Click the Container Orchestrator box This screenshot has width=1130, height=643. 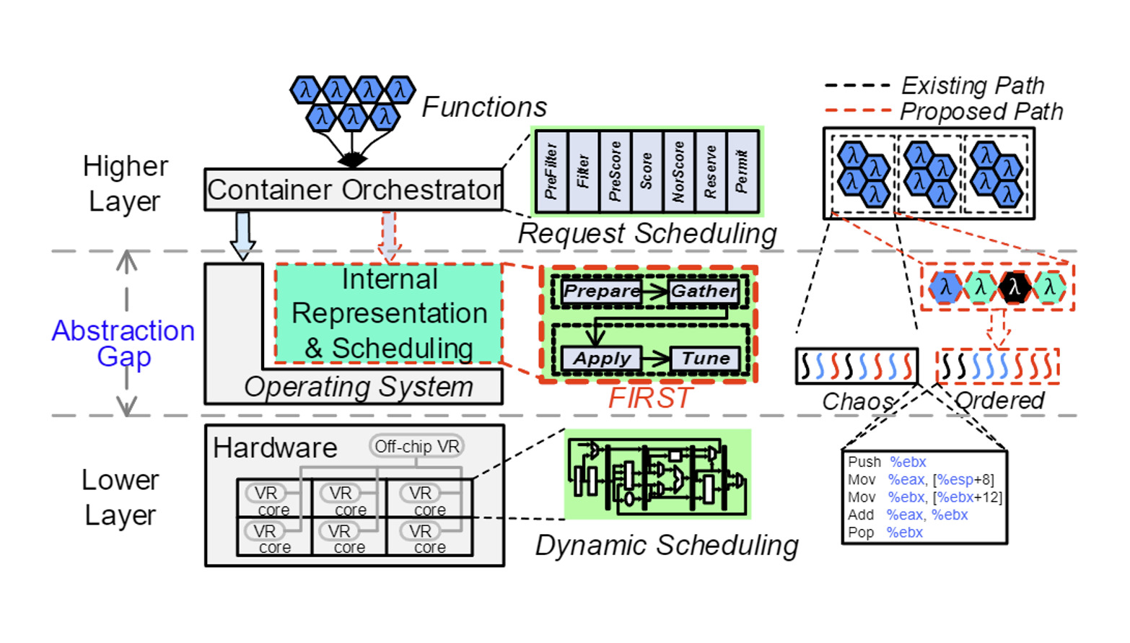[x=354, y=190]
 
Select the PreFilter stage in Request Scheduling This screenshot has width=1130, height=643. [x=551, y=172]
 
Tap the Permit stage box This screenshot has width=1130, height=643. [x=743, y=172]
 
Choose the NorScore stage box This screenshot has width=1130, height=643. [x=679, y=172]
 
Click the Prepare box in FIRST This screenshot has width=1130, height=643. [x=602, y=291]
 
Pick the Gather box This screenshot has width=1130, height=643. [x=704, y=291]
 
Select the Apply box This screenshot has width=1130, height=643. [x=602, y=359]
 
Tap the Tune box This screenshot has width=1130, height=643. [x=705, y=359]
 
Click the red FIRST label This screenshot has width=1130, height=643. [x=650, y=398]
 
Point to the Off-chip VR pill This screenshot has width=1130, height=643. [x=417, y=447]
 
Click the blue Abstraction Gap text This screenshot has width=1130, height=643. [x=123, y=343]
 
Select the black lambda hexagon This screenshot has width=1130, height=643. [x=1015, y=287]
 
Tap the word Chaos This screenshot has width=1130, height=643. [x=858, y=401]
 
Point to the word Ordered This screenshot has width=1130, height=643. [x=999, y=401]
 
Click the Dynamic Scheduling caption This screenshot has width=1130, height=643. [x=667, y=546]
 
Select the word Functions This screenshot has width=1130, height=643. [x=484, y=108]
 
